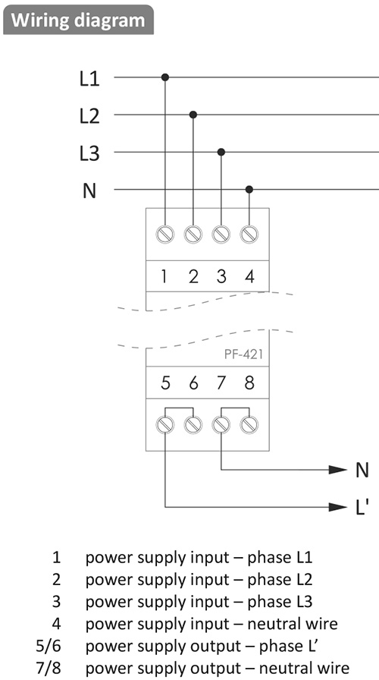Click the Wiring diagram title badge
tap(78, 20)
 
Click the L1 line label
tap(89, 80)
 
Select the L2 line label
tap(89, 117)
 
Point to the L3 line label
tap(89, 154)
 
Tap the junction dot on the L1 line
tap(165, 77)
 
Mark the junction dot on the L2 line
tap(193, 115)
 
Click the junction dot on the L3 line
tap(221, 152)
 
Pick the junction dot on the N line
tap(249, 189)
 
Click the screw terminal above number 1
tap(165, 235)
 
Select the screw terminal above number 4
tap(249, 235)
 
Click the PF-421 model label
tap(243, 354)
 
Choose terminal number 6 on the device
tap(193, 383)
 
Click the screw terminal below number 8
tap(249, 424)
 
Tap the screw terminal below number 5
tap(165, 424)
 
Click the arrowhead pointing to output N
tap(337, 470)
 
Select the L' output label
tap(362, 506)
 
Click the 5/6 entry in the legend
tap(49, 646)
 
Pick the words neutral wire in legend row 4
tap(293, 624)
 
